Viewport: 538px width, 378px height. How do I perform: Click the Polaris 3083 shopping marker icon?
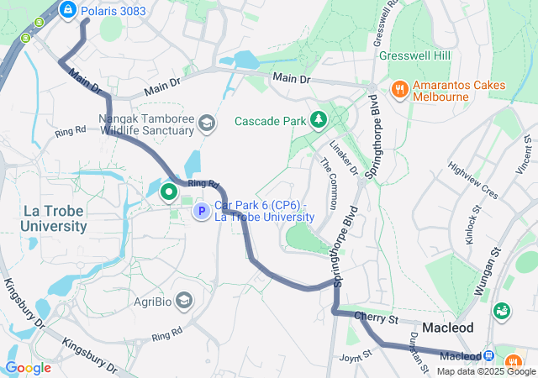click(x=69, y=10)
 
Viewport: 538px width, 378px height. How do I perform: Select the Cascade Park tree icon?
click(x=319, y=120)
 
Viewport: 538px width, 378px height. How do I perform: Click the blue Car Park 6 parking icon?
click(x=202, y=211)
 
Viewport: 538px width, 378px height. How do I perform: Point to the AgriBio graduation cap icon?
click(x=184, y=300)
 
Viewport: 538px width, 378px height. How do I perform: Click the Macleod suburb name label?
click(x=448, y=327)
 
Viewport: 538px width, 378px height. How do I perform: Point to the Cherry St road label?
click(x=375, y=318)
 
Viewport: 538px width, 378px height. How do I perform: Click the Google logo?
click(x=29, y=367)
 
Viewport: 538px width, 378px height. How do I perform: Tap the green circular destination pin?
click(x=169, y=192)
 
